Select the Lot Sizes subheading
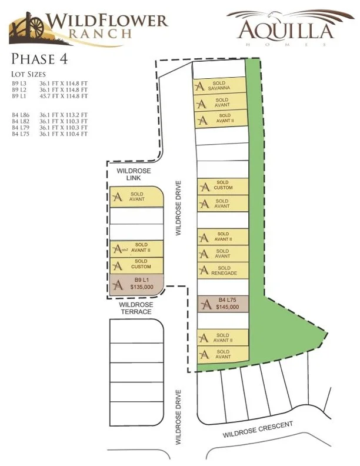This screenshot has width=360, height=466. coord(29,75)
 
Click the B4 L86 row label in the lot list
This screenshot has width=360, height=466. coord(19,115)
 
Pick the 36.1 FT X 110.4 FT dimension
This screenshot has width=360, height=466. coord(63,134)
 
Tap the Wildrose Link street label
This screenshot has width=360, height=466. coord(134,174)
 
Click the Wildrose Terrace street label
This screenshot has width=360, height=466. coord(136,308)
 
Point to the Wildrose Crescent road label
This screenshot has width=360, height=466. coord(258,432)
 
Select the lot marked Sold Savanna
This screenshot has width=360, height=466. coord(221,86)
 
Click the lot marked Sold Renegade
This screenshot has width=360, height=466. coord(222,271)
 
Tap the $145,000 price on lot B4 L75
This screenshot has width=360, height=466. coord(227,307)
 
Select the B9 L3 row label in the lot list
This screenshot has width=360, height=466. coord(19,84)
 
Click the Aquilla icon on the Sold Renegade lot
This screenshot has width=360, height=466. coord(204,271)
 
